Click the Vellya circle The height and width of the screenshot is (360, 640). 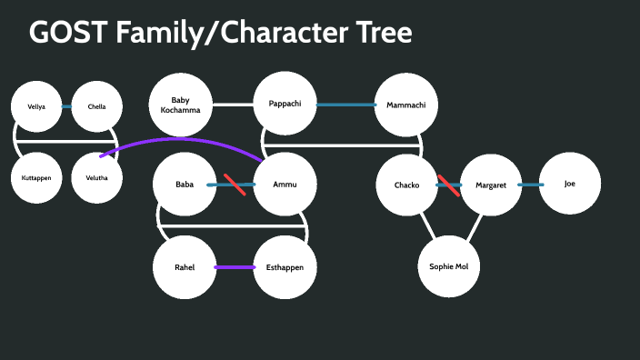pyautogui.click(x=36, y=106)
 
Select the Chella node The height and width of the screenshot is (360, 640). pyautogui.click(x=96, y=106)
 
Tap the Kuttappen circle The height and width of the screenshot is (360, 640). pyautogui.click(x=36, y=177)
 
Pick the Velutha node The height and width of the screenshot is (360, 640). pyautogui.click(x=96, y=177)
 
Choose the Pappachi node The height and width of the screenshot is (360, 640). pyautogui.click(x=285, y=104)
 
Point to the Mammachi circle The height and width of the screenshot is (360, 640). pyautogui.click(x=406, y=105)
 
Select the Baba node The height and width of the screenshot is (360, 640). pyautogui.click(x=185, y=185)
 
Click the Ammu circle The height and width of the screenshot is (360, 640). pyautogui.click(x=285, y=185)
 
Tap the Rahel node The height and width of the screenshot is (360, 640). pyautogui.click(x=185, y=266)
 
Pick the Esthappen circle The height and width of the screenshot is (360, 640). pyautogui.click(x=285, y=266)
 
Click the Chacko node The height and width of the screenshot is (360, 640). pyautogui.click(x=407, y=185)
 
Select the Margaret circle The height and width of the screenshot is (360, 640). pyautogui.click(x=490, y=185)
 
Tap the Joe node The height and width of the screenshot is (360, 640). pyautogui.click(x=570, y=184)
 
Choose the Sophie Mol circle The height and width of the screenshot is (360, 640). pyautogui.click(x=448, y=266)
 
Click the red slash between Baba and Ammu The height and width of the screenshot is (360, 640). pyautogui.click(x=235, y=184)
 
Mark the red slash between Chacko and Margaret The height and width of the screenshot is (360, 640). pyautogui.click(x=448, y=185)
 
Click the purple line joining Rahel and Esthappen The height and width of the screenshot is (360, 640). pyautogui.click(x=235, y=267)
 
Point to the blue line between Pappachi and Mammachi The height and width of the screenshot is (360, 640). pyautogui.click(x=345, y=105)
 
